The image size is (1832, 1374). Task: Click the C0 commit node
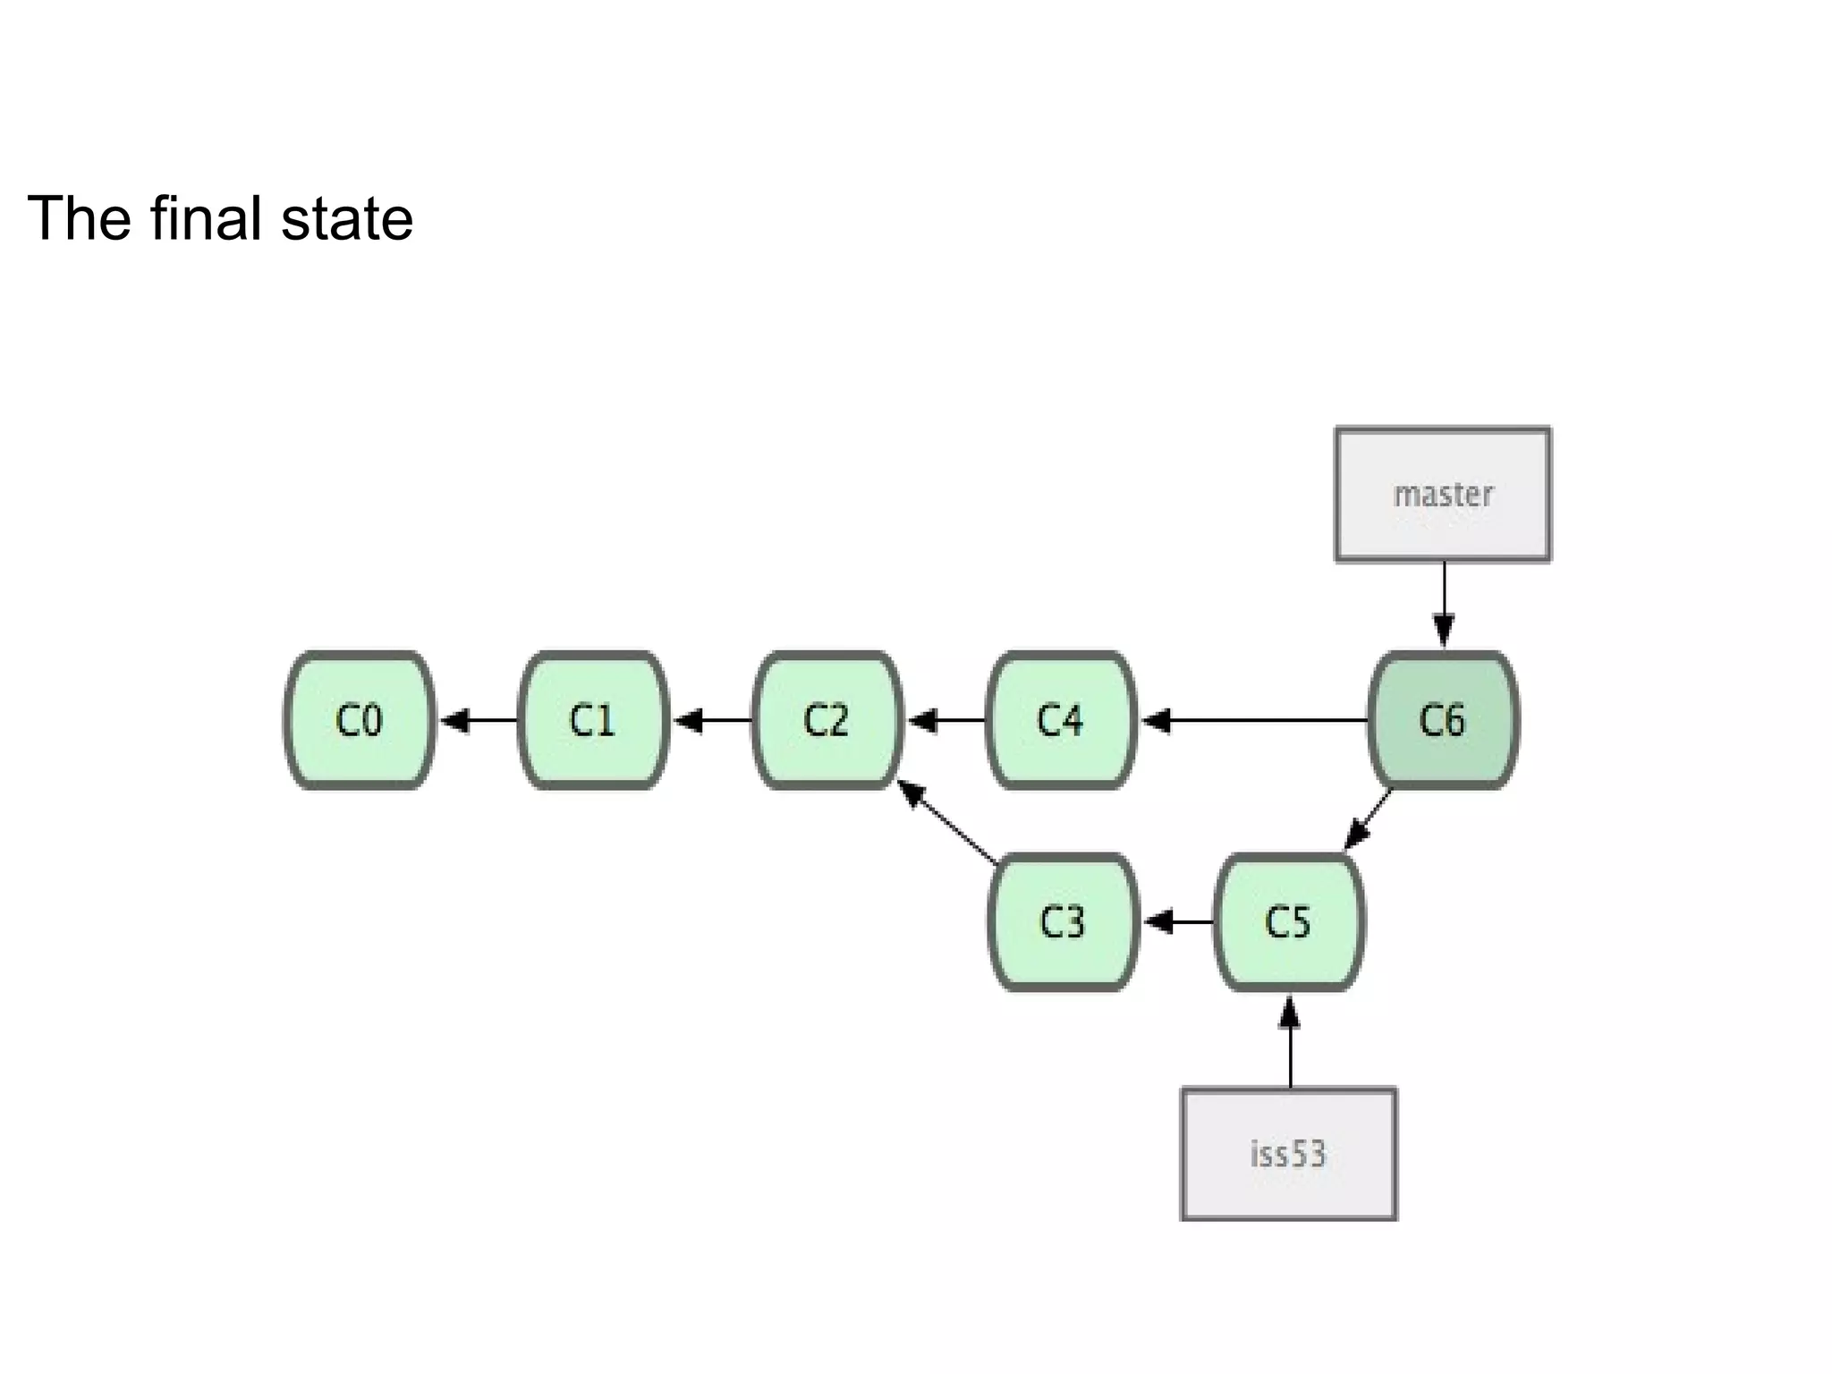tap(359, 720)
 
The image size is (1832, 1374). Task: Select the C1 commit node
tap(593, 720)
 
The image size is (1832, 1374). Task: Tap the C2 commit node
tap(827, 720)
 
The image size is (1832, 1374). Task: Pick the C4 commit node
tap(1061, 720)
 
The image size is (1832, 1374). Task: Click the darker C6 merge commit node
tap(1443, 720)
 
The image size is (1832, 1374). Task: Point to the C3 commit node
tap(1063, 922)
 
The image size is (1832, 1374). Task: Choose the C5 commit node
tap(1289, 922)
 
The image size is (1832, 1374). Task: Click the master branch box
tap(1443, 495)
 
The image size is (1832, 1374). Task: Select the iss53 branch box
tap(1289, 1154)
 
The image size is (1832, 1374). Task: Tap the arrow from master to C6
tap(1444, 604)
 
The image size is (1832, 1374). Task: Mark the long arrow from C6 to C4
tap(1252, 720)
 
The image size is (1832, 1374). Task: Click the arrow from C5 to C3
tap(1178, 921)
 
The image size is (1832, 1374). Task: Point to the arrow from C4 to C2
tap(946, 720)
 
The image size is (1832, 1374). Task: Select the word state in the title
tap(347, 219)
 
